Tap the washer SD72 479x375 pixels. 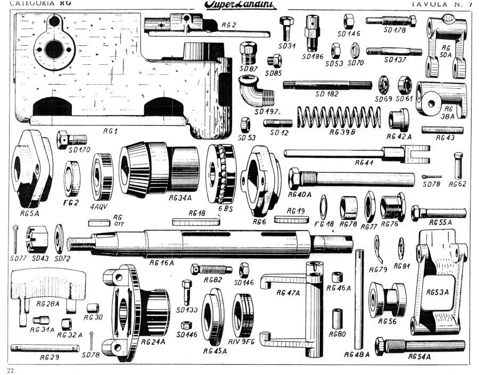pyautogui.click(x=60, y=240)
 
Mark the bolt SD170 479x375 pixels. pyautogui.click(x=71, y=140)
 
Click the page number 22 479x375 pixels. pyautogui.click(x=12, y=369)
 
